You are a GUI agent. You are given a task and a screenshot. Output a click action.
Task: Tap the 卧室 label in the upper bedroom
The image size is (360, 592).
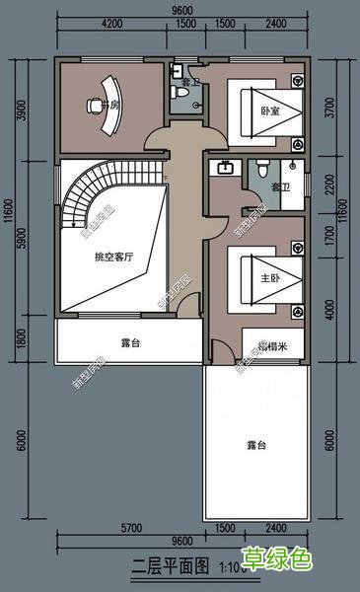[x=269, y=110]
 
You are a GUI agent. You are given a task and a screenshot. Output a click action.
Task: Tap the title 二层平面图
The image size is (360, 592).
[x=170, y=567]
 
